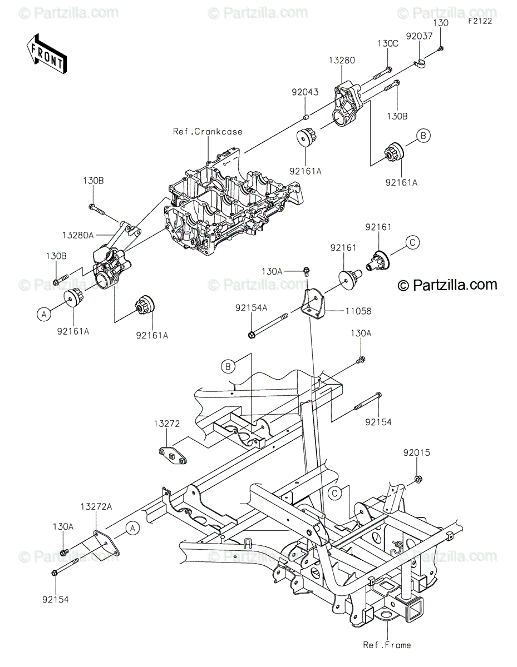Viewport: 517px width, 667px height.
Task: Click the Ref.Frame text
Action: coord(387,645)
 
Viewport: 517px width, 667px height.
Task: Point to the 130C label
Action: coord(388,43)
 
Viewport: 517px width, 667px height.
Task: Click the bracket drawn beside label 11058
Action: coord(315,303)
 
